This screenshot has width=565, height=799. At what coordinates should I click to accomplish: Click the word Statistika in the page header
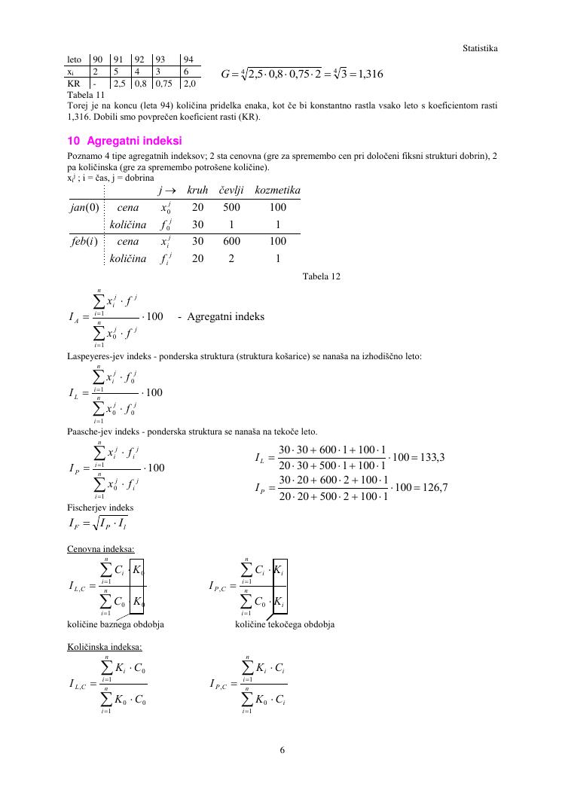480,48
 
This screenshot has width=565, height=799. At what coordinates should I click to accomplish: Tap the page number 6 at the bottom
282,749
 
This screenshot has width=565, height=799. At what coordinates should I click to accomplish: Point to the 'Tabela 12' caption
321,276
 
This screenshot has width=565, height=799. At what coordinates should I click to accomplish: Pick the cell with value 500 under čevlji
231,208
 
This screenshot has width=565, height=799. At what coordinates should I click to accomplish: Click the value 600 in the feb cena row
231,241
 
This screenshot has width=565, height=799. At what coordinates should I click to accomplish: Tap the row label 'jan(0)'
84,208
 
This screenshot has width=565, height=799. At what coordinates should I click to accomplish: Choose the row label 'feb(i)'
84,241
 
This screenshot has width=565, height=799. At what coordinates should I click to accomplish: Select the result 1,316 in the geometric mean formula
368,74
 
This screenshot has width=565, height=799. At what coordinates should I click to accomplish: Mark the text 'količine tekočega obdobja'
285,624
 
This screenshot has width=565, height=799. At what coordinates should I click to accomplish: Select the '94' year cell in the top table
188,59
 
